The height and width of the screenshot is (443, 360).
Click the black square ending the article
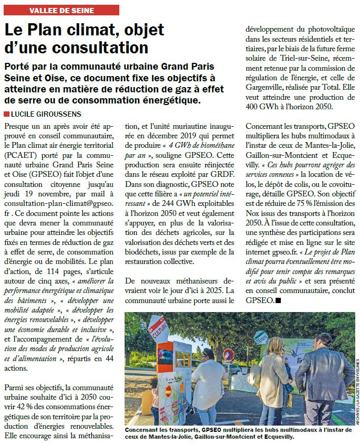(279, 300)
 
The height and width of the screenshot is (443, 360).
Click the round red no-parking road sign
(228, 355)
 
